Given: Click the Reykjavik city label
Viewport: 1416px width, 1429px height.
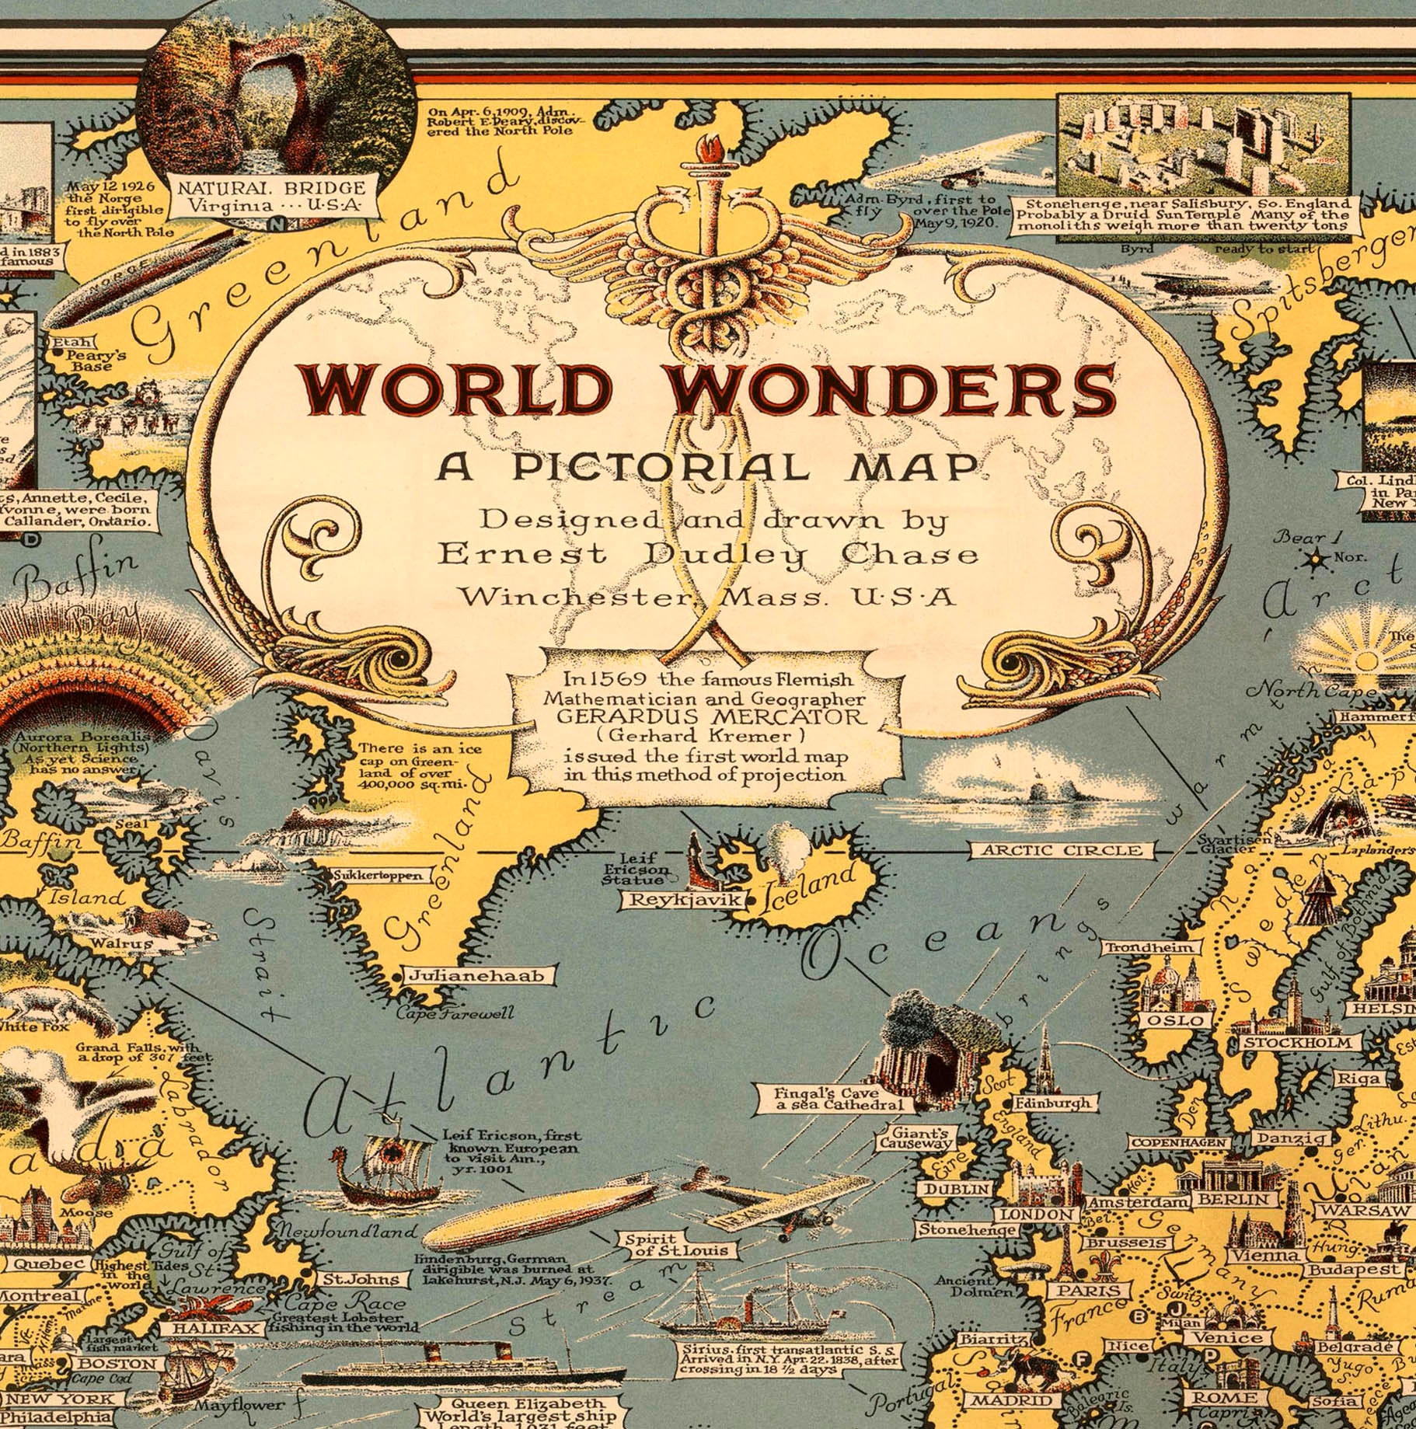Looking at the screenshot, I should pyautogui.click(x=681, y=901).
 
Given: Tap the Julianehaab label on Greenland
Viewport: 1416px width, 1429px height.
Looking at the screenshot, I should pyautogui.click(x=476, y=976).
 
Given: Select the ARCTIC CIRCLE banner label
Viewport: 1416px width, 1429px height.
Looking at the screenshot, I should pyautogui.click(x=1062, y=850).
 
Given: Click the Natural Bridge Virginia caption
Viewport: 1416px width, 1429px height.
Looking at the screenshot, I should pyautogui.click(x=271, y=197).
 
